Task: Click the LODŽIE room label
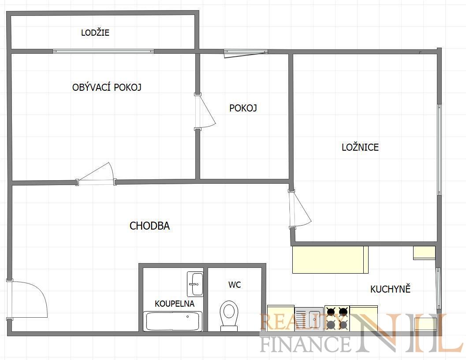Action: click(95, 32)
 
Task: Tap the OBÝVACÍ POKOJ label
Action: click(107, 87)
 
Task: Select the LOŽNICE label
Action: click(360, 147)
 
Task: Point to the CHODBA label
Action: click(149, 226)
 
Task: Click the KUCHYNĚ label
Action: click(390, 289)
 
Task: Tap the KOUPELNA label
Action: click(175, 304)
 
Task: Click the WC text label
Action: click(235, 285)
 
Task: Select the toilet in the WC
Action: click(229, 316)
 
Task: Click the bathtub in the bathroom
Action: click(173, 321)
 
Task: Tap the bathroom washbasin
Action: click(195, 284)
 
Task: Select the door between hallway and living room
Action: click(96, 174)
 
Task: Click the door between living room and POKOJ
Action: click(205, 111)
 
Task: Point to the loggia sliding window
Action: click(103, 52)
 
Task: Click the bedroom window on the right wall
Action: click(439, 149)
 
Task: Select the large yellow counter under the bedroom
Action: click(331, 260)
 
